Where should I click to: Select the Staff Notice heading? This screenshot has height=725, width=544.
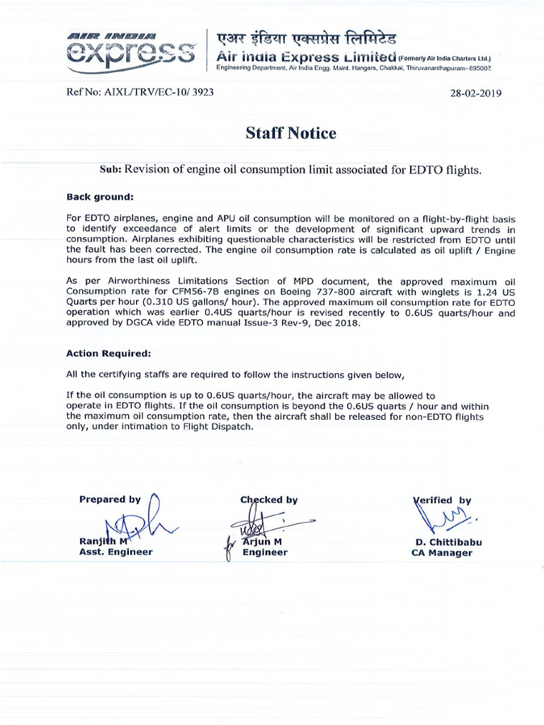290,133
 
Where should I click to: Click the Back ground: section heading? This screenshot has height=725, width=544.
99,196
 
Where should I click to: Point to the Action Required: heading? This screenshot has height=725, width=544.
108,353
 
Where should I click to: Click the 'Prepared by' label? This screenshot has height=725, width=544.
110,499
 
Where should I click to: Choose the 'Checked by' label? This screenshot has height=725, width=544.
269,499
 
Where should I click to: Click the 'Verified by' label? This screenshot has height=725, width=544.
442,500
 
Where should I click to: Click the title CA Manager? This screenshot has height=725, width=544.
441,553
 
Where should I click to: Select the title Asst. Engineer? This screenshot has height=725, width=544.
115,552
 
